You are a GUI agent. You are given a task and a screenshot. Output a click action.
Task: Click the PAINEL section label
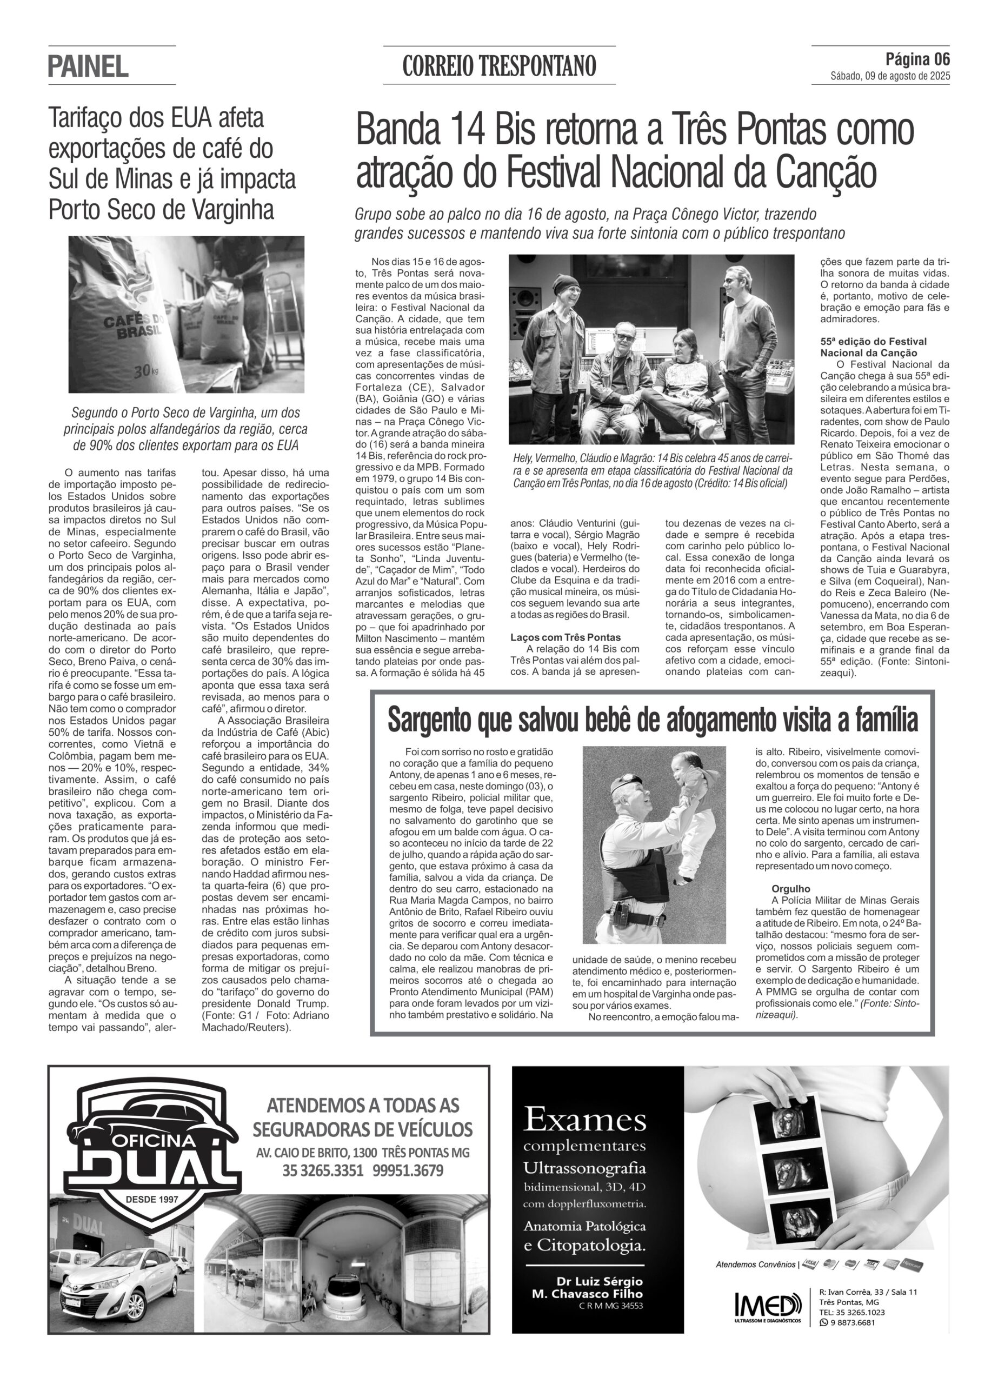89,66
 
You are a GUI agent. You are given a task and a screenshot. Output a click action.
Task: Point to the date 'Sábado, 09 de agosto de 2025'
890,76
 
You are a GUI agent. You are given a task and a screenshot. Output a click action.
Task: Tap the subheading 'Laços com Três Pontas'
565,637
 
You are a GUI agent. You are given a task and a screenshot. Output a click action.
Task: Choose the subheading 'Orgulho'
790,888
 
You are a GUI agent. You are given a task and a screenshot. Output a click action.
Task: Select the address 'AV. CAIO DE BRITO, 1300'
318,1153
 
